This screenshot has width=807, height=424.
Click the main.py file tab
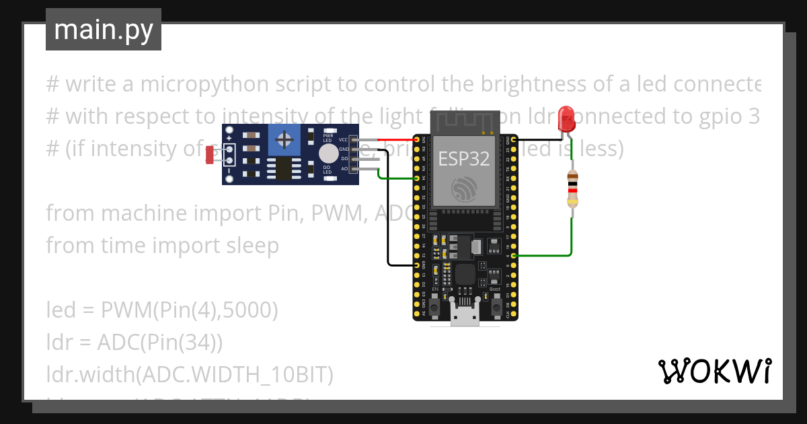(x=104, y=30)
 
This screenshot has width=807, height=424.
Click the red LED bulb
(x=567, y=118)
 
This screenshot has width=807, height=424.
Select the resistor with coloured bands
(x=572, y=188)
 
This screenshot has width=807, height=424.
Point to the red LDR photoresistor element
(x=210, y=155)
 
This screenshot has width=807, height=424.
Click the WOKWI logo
(x=714, y=371)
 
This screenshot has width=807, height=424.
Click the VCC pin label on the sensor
(x=344, y=139)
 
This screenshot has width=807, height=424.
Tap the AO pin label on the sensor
(x=344, y=168)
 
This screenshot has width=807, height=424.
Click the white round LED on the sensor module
(x=328, y=153)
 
